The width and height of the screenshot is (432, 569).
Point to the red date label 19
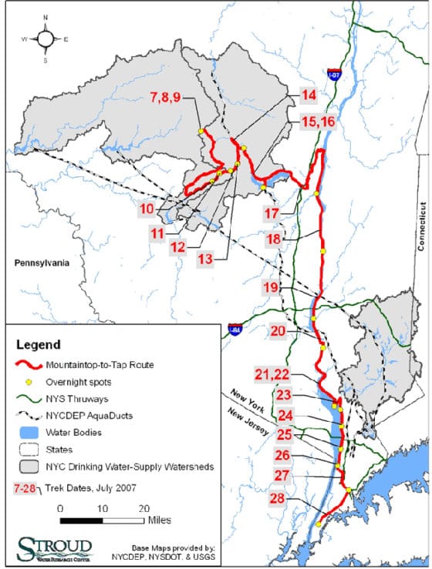(x=270, y=287)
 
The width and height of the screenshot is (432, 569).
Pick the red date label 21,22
(x=272, y=374)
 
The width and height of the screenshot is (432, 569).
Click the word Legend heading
(x=36, y=344)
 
